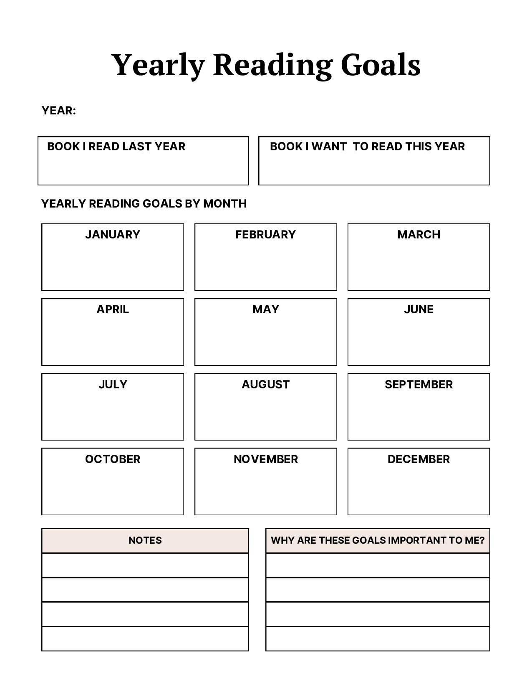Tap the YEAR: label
click(x=59, y=111)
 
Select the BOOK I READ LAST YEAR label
click(x=116, y=147)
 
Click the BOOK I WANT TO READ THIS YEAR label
click(x=367, y=147)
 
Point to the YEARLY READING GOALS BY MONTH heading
click(x=144, y=204)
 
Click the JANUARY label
click(x=113, y=235)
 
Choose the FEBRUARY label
click(x=265, y=235)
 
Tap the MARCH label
click(x=419, y=235)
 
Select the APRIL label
click(x=113, y=309)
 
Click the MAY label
click(x=265, y=309)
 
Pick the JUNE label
click(x=419, y=309)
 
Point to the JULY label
click(x=113, y=384)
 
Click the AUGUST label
click(x=265, y=384)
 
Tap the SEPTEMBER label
click(x=419, y=384)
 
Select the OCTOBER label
click(x=113, y=459)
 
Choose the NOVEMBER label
click(x=265, y=459)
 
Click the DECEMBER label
click(x=419, y=459)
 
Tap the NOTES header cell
click(x=145, y=540)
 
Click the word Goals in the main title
click(x=380, y=65)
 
